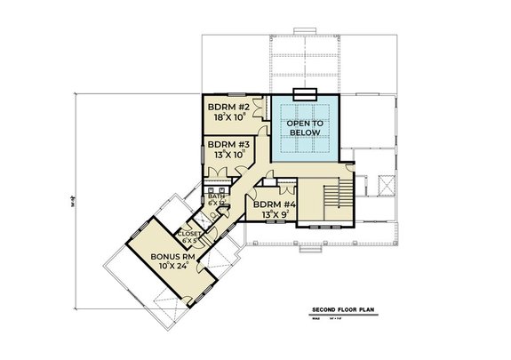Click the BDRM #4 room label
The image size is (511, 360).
click(x=275, y=204)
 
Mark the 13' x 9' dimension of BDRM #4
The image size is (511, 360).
click(x=275, y=215)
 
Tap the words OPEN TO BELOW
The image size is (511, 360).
click(x=304, y=126)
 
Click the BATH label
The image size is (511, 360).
click(x=217, y=196)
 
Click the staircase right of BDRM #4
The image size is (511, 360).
click(x=335, y=195)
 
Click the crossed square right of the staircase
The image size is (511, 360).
click(x=387, y=186)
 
